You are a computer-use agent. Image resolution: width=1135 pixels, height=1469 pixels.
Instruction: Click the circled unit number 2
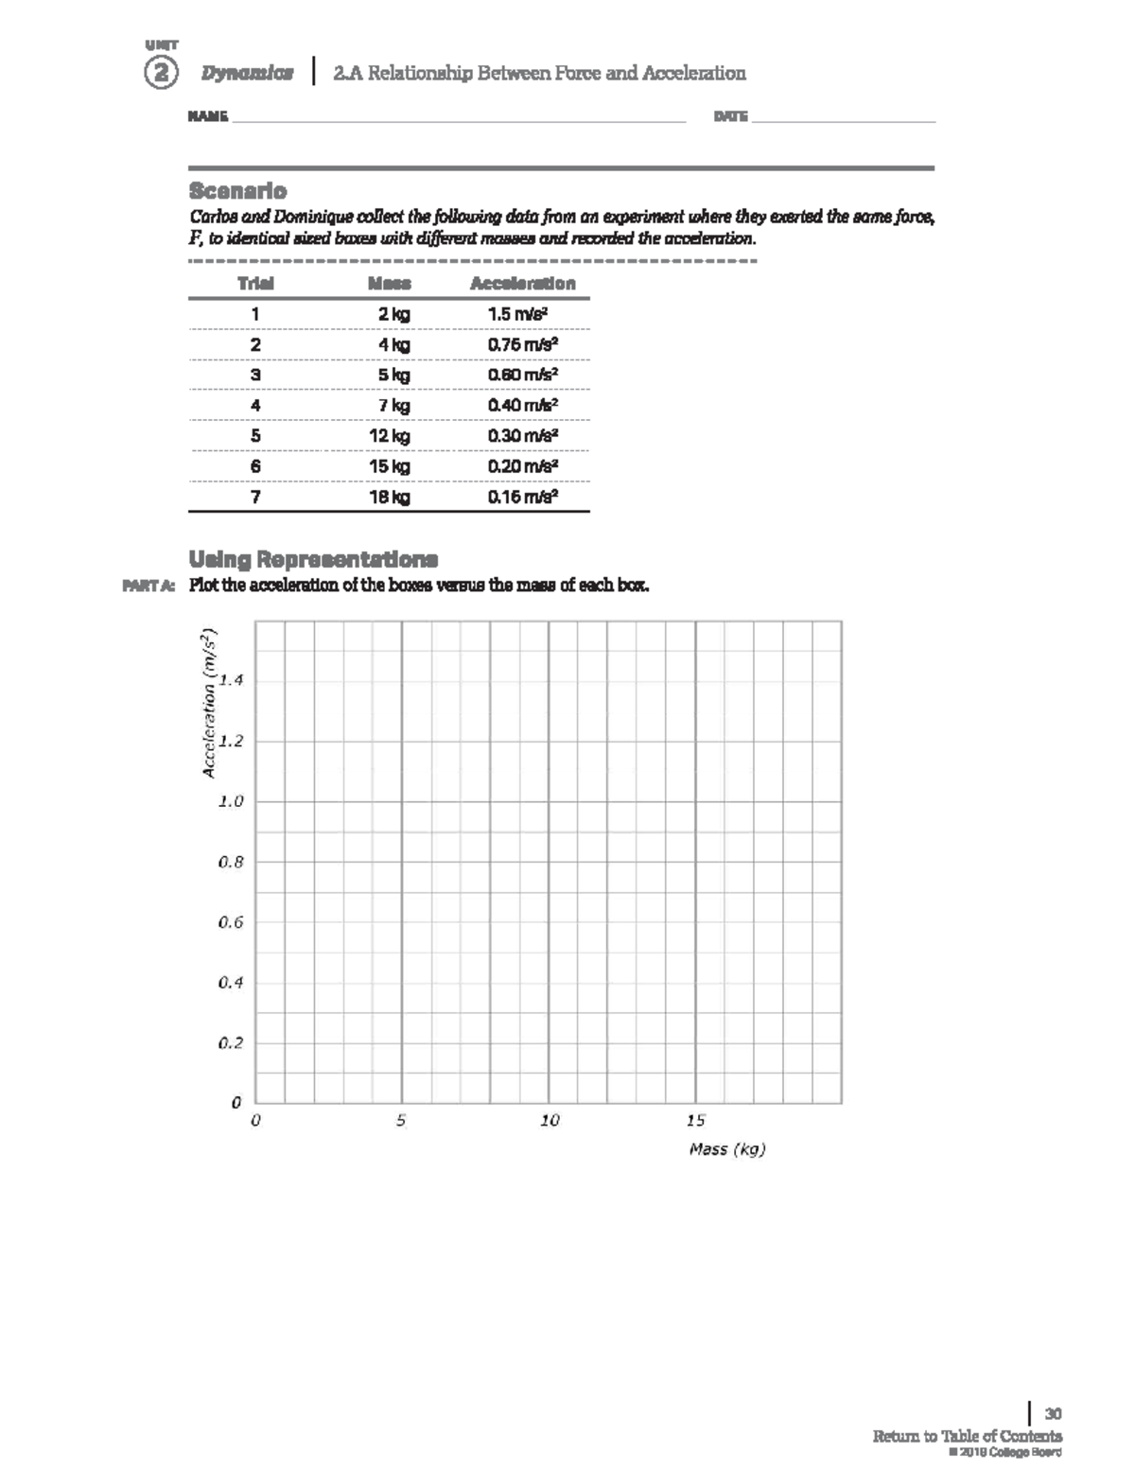pos(161,73)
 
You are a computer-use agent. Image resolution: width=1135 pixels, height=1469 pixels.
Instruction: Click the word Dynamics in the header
pos(247,73)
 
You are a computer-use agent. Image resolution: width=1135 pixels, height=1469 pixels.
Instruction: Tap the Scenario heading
pos(237,190)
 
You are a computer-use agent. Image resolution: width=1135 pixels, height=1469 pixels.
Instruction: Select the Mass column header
pos(390,283)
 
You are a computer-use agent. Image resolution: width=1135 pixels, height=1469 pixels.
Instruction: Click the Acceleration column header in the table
pos(522,283)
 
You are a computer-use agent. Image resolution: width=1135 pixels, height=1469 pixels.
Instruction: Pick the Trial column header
pos(255,283)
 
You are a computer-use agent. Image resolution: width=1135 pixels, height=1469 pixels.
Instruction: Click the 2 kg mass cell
pos(393,314)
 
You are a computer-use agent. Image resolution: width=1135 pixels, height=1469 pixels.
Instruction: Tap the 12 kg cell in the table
pos(390,436)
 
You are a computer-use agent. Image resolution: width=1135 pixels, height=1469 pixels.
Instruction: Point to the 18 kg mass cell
pos(390,497)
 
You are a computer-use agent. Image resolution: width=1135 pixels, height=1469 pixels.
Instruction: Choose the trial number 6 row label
pos(255,466)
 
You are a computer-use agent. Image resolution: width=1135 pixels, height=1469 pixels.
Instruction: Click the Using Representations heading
pos(313,558)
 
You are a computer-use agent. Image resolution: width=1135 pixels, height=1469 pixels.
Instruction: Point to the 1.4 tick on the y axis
pos(231,680)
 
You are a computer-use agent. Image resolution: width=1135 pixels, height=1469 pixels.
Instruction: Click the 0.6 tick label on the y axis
pos(231,922)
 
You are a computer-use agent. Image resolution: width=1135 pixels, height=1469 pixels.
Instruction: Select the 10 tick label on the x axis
pos(550,1121)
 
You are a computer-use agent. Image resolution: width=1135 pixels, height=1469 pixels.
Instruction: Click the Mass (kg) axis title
pos(726,1149)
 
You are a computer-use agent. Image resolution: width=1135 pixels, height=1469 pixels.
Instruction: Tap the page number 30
pos(1053,1414)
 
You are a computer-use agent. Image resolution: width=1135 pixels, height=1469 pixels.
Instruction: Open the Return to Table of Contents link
pos(967,1436)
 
